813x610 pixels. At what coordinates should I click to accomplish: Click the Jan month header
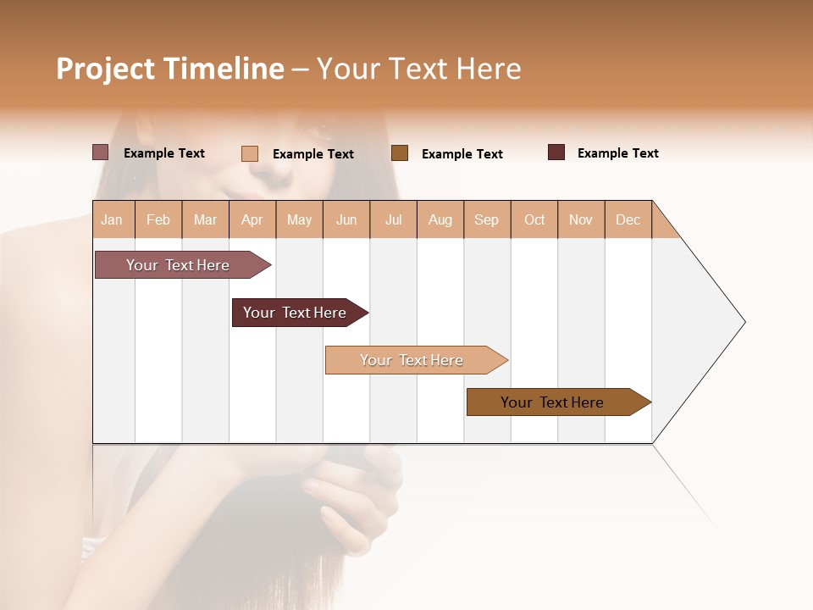[x=113, y=219]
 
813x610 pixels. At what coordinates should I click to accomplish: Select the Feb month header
[x=158, y=219]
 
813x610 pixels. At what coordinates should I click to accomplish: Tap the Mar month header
[x=205, y=219]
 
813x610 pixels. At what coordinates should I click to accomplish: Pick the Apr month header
[x=252, y=219]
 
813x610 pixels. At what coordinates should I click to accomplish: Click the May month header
[x=299, y=219]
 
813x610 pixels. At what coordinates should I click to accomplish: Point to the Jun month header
[x=346, y=219]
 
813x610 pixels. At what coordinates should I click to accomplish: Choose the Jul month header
[x=393, y=219]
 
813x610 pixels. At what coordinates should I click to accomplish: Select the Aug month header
[x=440, y=219]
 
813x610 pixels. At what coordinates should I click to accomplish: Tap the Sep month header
[x=487, y=219]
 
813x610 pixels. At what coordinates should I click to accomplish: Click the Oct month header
[x=534, y=219]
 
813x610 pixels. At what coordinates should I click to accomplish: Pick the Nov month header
[x=581, y=219]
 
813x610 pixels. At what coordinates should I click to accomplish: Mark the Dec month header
[x=628, y=219]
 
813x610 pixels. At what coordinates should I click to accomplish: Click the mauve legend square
[x=101, y=152]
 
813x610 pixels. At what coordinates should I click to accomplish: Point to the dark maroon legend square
[x=556, y=152]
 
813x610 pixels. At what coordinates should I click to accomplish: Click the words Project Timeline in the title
[x=170, y=69]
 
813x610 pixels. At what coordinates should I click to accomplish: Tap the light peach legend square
[x=250, y=153]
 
